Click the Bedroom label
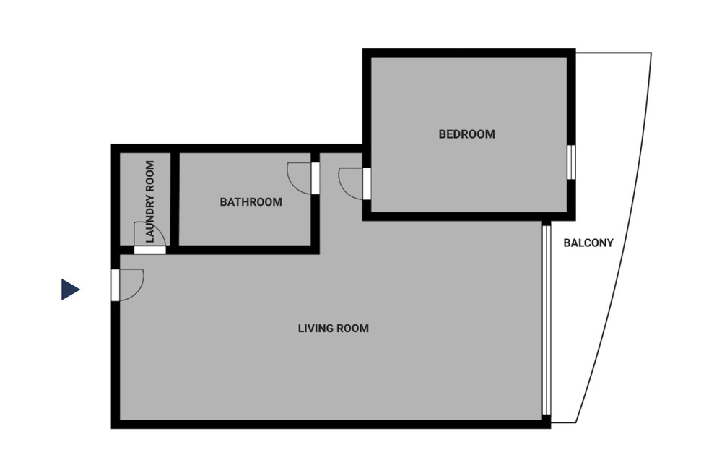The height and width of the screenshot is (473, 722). pyautogui.click(x=466, y=134)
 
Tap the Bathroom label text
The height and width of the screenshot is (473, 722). pyautogui.click(x=251, y=202)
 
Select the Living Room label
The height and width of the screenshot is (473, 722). pyautogui.click(x=334, y=329)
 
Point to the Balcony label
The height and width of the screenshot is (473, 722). pyautogui.click(x=588, y=243)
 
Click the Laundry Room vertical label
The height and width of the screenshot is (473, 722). pyautogui.click(x=150, y=201)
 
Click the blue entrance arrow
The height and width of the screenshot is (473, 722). pyautogui.click(x=71, y=290)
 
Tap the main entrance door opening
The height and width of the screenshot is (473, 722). pyautogui.click(x=115, y=285)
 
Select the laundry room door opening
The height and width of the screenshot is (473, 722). pyautogui.click(x=149, y=250)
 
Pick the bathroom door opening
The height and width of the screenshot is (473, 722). pyautogui.click(x=316, y=178)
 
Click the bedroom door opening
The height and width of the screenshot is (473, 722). pyautogui.click(x=367, y=183)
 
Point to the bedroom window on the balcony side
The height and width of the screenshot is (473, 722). pyautogui.click(x=571, y=162)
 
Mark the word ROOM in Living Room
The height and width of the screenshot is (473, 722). pyautogui.click(x=353, y=329)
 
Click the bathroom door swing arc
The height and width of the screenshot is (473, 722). pyautogui.click(x=293, y=183)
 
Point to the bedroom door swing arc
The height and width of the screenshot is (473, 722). pyautogui.click(x=345, y=188)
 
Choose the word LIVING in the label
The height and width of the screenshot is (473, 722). pyautogui.click(x=316, y=329)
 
